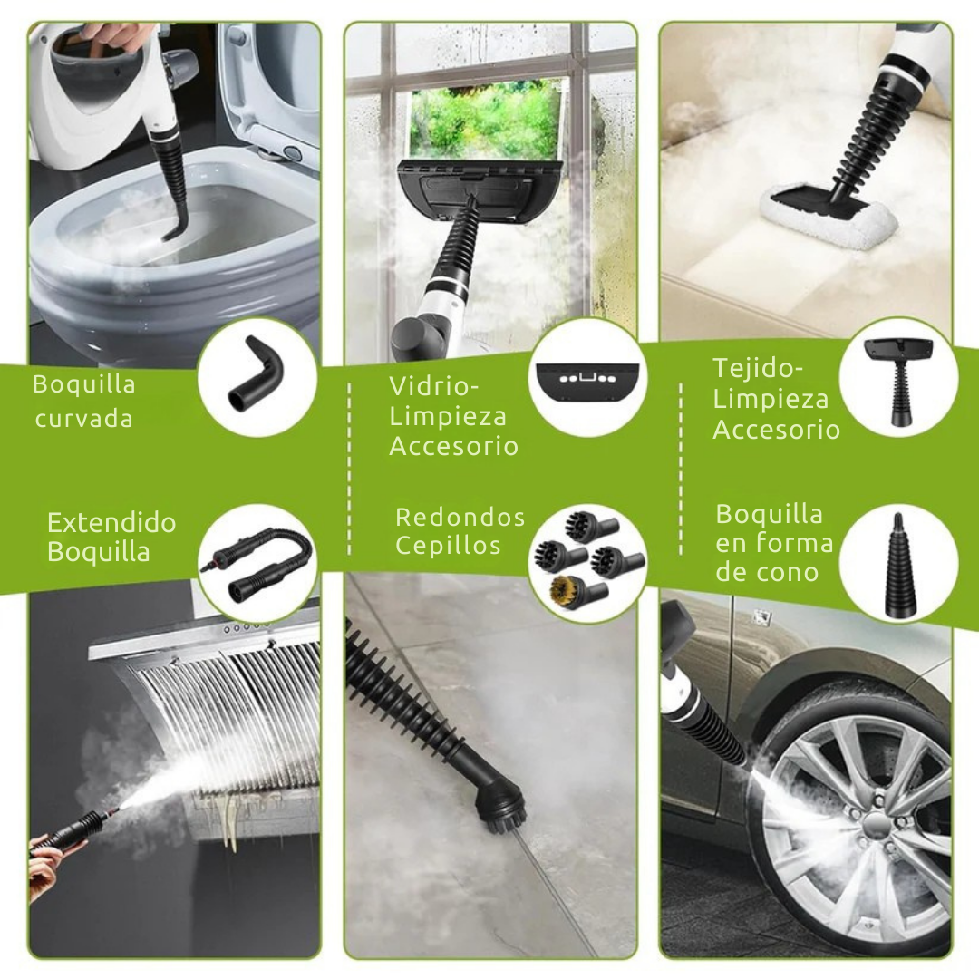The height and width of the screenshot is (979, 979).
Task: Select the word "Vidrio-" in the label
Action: [434, 385]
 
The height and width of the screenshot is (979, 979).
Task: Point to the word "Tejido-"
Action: [758, 369]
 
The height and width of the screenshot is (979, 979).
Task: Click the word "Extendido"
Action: [111, 523]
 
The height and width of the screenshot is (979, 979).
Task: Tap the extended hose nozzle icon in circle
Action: [257, 563]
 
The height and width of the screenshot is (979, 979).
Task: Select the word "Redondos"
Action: [460, 518]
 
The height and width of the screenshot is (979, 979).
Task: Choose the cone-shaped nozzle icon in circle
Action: [897, 564]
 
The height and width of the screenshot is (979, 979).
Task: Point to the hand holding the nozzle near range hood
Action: [45, 862]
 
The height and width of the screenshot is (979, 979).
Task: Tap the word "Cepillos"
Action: [448, 546]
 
